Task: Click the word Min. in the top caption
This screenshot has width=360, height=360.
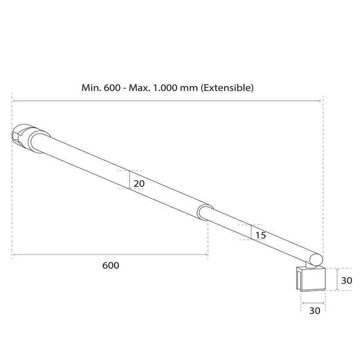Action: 91,88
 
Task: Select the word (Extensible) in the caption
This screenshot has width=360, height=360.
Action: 227,88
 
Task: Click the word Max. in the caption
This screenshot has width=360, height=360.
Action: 139,88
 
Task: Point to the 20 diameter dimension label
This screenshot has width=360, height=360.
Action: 139,184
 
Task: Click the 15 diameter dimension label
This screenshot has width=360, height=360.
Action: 261,235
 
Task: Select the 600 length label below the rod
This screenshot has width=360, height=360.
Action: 111,265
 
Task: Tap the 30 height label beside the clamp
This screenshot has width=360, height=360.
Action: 346,280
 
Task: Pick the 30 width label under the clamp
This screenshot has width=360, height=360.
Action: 315,310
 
